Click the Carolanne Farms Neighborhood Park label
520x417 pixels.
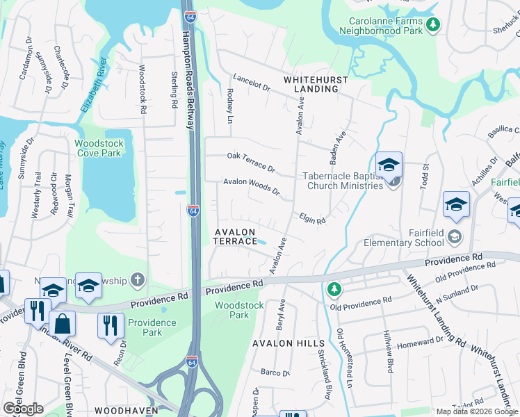(x=381, y=25)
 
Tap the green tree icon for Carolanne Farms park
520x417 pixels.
(x=433, y=25)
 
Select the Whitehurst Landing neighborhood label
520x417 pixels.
(x=316, y=84)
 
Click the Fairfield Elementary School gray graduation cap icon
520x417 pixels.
(x=455, y=236)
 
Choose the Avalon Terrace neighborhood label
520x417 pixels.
(x=235, y=236)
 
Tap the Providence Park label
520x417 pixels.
(x=152, y=327)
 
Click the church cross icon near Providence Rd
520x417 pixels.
(x=138, y=280)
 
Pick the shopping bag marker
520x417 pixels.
(x=63, y=323)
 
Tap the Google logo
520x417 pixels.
(x=22, y=408)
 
